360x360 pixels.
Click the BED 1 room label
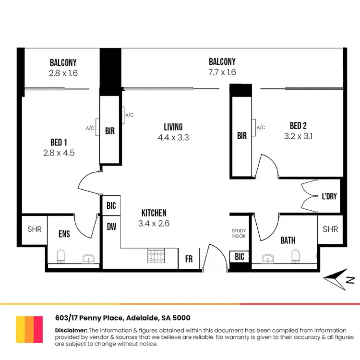(59, 142)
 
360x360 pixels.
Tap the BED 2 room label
(298, 126)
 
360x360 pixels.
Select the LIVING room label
(173, 127)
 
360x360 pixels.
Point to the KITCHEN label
(154, 213)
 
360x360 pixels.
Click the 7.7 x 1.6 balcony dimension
(222, 72)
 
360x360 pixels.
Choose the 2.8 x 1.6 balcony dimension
(63, 73)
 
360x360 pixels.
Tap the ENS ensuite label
(64, 234)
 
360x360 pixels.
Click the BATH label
(288, 240)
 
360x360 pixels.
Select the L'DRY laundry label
(330, 196)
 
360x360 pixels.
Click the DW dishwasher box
(111, 227)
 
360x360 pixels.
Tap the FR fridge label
(189, 259)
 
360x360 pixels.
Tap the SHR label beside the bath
(330, 229)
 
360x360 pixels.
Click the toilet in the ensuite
(61, 257)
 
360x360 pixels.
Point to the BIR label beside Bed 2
(242, 136)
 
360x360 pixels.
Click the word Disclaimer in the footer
(71, 331)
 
